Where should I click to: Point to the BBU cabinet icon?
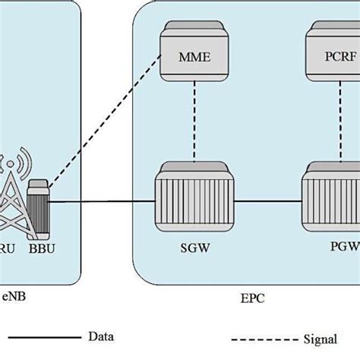tap(37, 203)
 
